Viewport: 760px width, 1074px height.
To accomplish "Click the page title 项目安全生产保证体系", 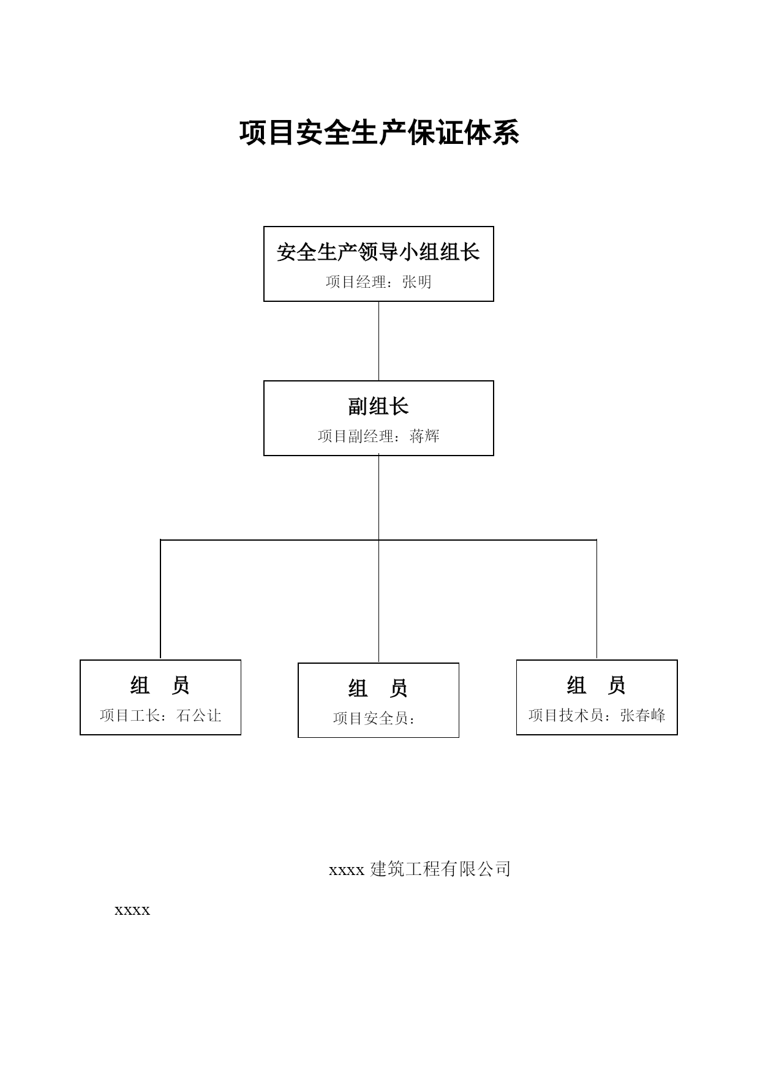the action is tap(379, 133).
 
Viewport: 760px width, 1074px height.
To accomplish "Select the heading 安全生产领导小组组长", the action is tap(378, 252).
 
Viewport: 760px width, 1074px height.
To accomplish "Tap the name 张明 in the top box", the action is tap(417, 282).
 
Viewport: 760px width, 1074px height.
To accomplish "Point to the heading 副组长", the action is tap(378, 407).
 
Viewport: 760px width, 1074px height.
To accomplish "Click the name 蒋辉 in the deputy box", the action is tap(425, 436).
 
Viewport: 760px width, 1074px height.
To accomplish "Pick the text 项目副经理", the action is tap(356, 436).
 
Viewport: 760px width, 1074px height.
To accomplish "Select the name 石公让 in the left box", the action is tap(199, 715).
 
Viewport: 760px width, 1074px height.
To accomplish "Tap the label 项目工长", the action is tap(130, 715).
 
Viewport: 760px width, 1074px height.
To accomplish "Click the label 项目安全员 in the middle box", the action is tap(371, 718).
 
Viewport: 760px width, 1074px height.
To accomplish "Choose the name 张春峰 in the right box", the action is tap(643, 715).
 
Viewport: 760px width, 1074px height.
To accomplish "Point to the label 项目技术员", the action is tap(566, 715).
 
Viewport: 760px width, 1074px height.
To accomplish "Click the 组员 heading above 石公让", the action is tap(160, 686).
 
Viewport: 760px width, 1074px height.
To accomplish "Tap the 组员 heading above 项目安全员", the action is tap(378, 689).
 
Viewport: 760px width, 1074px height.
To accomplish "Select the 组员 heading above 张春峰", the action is tap(596, 686).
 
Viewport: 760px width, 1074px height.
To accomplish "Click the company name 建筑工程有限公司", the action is tap(440, 869).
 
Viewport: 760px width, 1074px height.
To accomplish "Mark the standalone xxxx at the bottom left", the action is tap(132, 911).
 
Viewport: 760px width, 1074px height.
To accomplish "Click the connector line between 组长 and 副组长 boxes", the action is tap(378, 341).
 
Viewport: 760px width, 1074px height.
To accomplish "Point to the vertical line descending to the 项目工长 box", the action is tap(160, 599).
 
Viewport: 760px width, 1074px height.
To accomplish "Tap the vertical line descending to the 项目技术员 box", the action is tap(596, 599).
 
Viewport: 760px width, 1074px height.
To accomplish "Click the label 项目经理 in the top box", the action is tap(356, 282).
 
